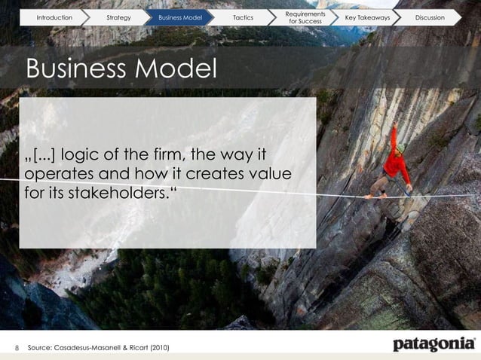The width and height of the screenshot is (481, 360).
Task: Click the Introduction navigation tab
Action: [54, 17]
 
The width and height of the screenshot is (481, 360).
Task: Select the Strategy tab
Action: [119, 17]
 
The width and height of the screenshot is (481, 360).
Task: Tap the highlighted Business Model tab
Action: [180, 17]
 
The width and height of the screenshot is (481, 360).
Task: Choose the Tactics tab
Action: [244, 17]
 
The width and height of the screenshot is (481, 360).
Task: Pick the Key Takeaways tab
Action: [367, 17]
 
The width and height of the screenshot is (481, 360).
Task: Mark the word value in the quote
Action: [271, 175]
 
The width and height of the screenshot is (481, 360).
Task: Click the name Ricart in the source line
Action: [133, 347]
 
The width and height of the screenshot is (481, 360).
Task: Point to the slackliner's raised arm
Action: [394, 139]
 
